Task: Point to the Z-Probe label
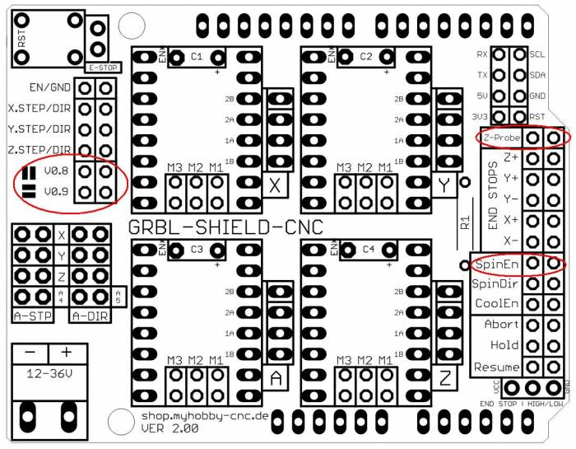(501, 138)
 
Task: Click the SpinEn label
(495, 264)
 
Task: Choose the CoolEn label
(495, 304)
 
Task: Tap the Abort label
(501, 325)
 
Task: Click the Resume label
(497, 367)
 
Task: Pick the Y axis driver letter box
(445, 186)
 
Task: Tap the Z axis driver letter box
(445, 379)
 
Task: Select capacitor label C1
(196, 57)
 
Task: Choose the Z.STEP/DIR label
(38, 150)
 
